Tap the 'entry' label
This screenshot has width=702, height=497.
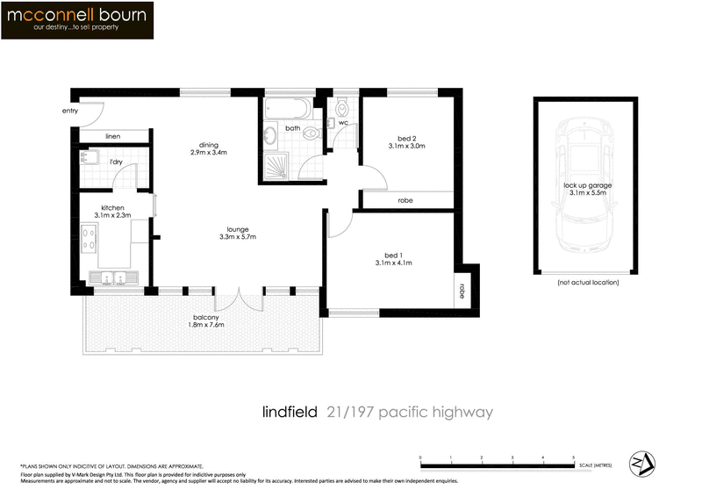pos(70,112)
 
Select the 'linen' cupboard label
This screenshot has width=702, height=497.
pos(112,137)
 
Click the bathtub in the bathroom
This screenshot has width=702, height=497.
pos(286,110)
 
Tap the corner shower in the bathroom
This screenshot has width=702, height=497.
pos(276,164)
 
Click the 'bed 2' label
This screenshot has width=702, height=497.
pos(406,138)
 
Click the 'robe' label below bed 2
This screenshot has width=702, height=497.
pos(405,201)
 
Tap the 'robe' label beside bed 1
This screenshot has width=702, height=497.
pos(460,287)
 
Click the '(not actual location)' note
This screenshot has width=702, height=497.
pos(588,283)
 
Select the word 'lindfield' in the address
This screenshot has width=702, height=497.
pos(290,412)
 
